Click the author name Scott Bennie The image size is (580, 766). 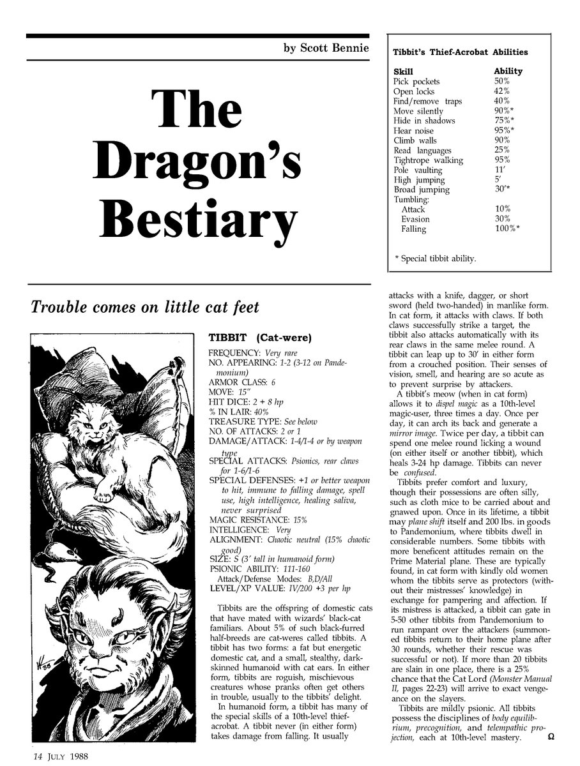click(326, 49)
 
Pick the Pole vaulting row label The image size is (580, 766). click(418, 170)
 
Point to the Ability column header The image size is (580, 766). click(508, 71)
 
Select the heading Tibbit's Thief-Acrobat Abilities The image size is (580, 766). click(460, 52)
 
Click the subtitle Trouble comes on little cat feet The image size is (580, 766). click(145, 308)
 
